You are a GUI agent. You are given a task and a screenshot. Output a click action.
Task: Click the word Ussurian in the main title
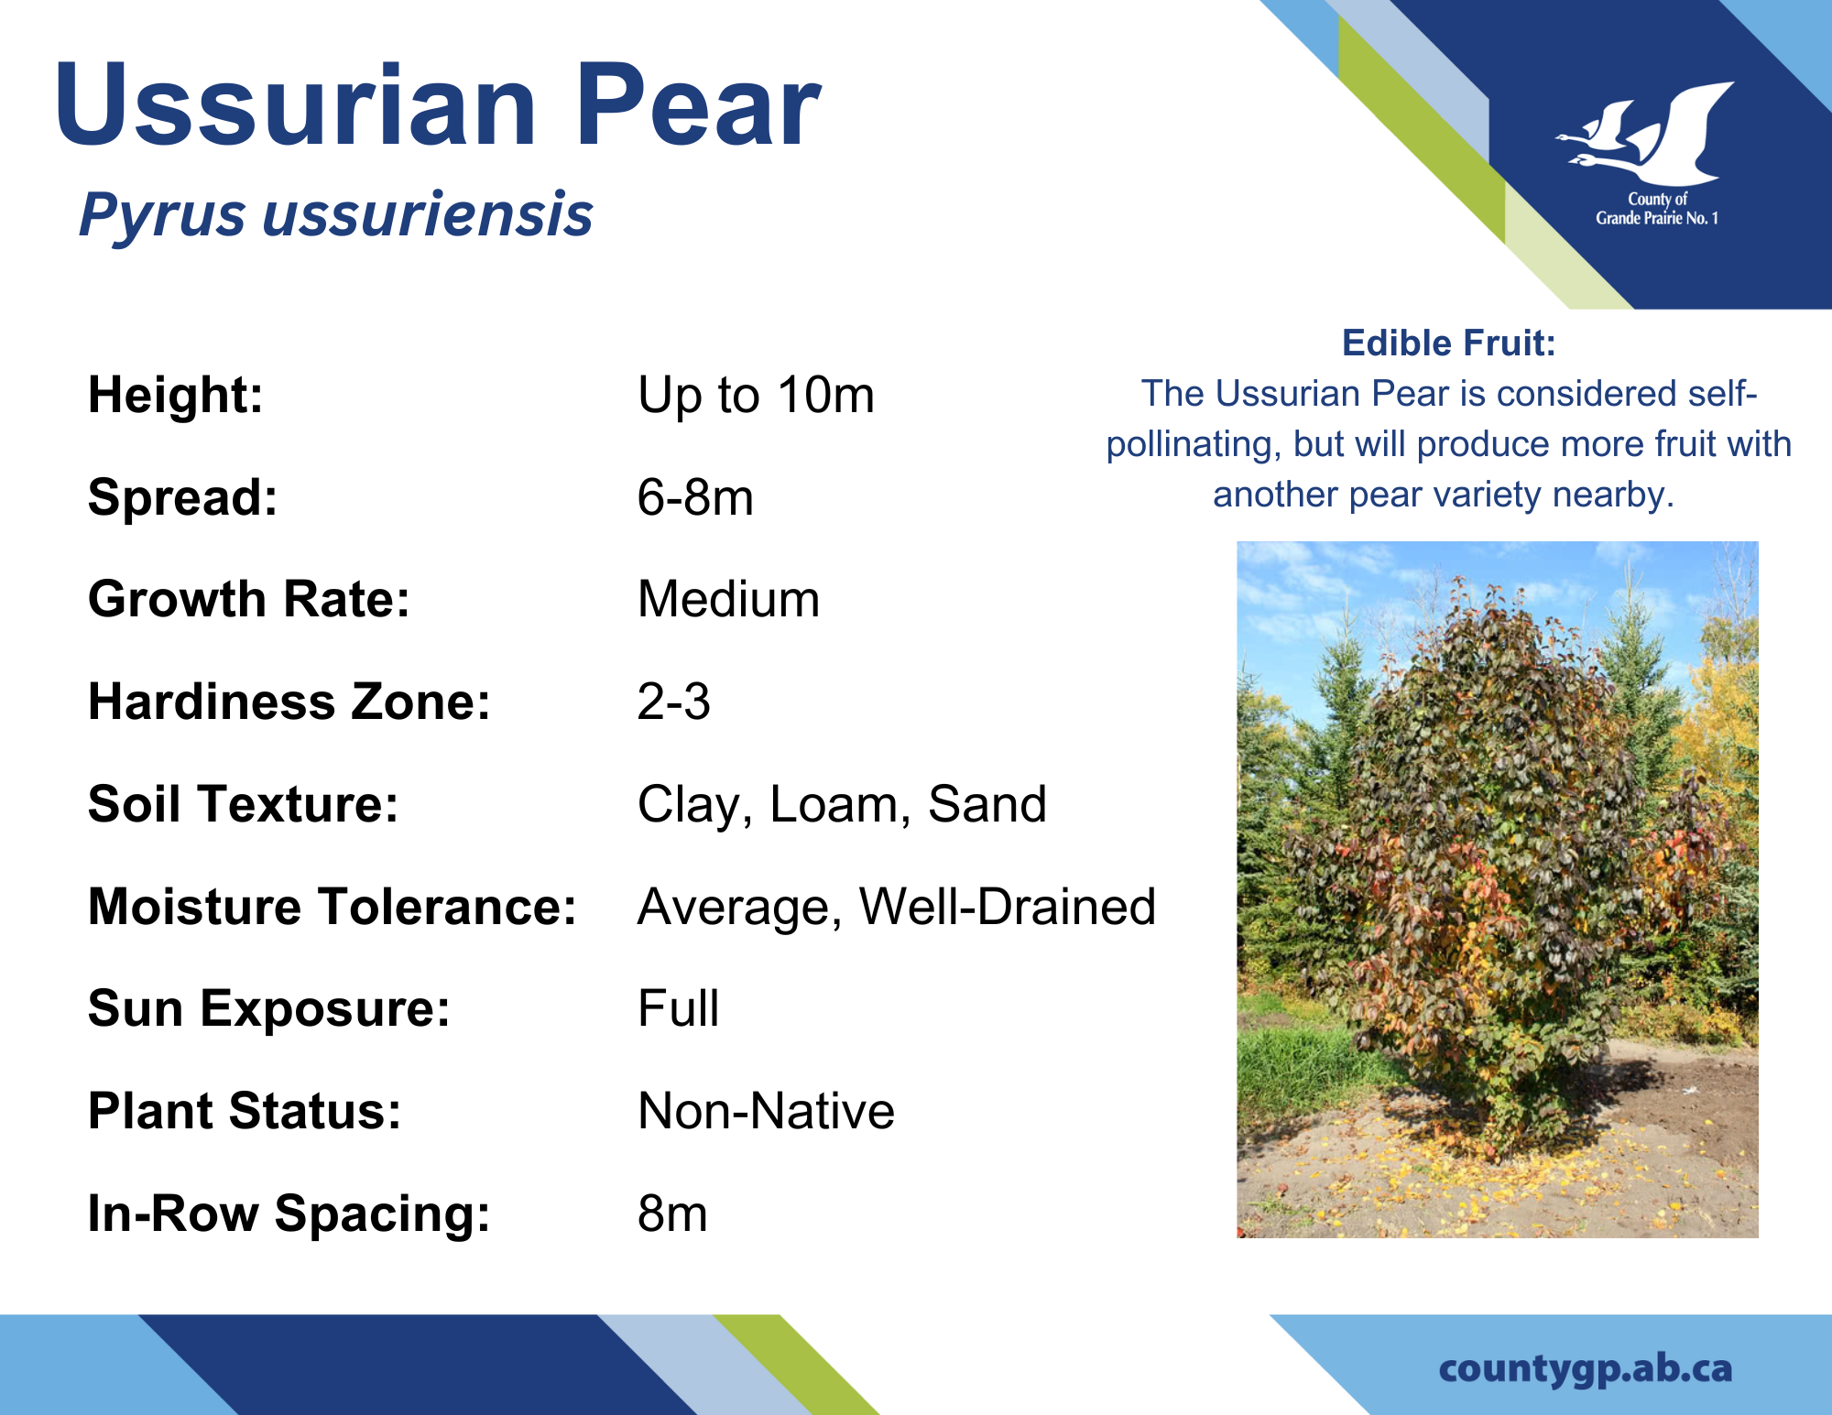(x=295, y=103)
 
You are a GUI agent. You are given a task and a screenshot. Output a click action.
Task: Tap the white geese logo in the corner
(x=1644, y=134)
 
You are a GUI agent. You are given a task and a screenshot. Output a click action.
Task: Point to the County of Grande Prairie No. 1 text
(x=1657, y=209)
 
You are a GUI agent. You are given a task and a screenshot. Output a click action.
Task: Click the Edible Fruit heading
(x=1448, y=343)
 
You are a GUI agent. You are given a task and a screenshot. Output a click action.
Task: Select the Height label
(x=176, y=396)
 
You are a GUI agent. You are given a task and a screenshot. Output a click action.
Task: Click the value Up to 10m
(x=756, y=396)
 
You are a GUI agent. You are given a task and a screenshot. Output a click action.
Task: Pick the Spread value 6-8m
(x=695, y=498)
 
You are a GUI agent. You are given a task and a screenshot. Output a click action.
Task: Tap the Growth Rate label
(x=249, y=600)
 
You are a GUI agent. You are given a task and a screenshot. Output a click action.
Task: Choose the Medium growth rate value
(x=728, y=600)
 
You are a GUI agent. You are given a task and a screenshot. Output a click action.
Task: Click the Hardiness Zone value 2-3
(x=673, y=702)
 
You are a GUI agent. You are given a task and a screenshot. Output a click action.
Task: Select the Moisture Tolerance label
(x=333, y=907)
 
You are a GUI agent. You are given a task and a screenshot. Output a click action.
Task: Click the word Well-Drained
(x=1007, y=907)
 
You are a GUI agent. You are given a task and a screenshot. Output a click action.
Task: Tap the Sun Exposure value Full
(x=678, y=1009)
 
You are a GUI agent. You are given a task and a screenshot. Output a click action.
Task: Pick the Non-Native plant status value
(x=766, y=1112)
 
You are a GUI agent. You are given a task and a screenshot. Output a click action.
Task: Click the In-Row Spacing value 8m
(x=672, y=1214)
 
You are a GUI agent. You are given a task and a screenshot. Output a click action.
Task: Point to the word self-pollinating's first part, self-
(x=1723, y=394)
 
